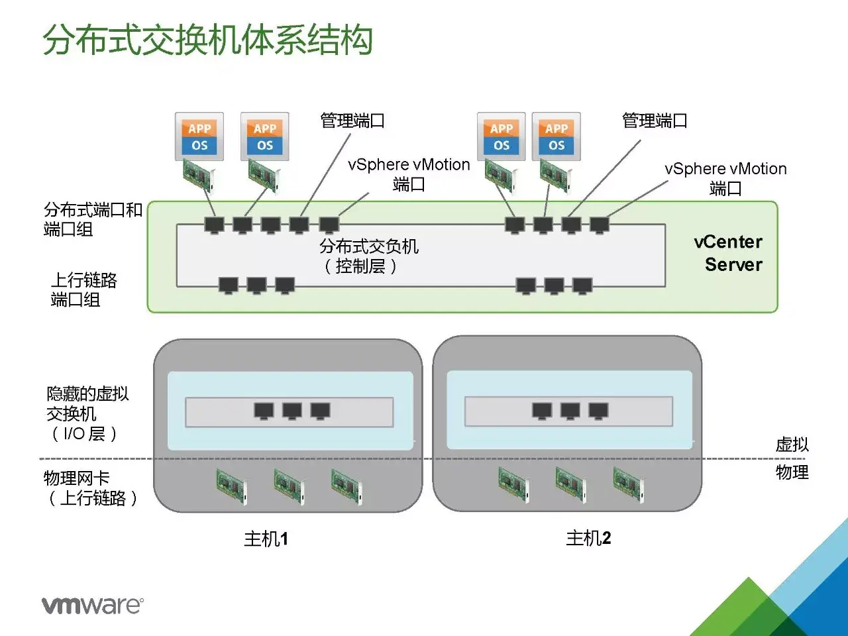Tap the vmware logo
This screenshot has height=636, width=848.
click(x=92, y=605)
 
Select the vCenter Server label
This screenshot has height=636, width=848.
click(x=729, y=253)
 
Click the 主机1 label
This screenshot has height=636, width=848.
click(x=266, y=539)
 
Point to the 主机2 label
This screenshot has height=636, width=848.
click(x=588, y=538)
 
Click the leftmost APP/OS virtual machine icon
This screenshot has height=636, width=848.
click(x=199, y=136)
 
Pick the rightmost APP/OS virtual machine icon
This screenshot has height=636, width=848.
click(x=556, y=136)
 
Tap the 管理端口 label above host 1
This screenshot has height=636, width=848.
click(x=352, y=121)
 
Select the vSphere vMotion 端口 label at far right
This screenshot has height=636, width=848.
click(x=725, y=178)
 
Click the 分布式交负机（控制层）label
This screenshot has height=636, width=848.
click(x=368, y=256)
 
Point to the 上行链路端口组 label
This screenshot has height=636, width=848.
click(x=83, y=290)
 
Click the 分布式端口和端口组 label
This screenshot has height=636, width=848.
click(x=92, y=219)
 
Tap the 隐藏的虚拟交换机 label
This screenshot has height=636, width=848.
click(x=87, y=413)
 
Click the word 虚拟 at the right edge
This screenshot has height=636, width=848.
click(x=792, y=445)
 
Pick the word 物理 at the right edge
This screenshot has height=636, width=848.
click(x=792, y=472)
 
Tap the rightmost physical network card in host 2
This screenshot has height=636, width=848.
click(x=628, y=484)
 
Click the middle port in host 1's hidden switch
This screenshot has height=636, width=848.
click(x=292, y=411)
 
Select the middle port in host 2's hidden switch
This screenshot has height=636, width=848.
click(x=570, y=411)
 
